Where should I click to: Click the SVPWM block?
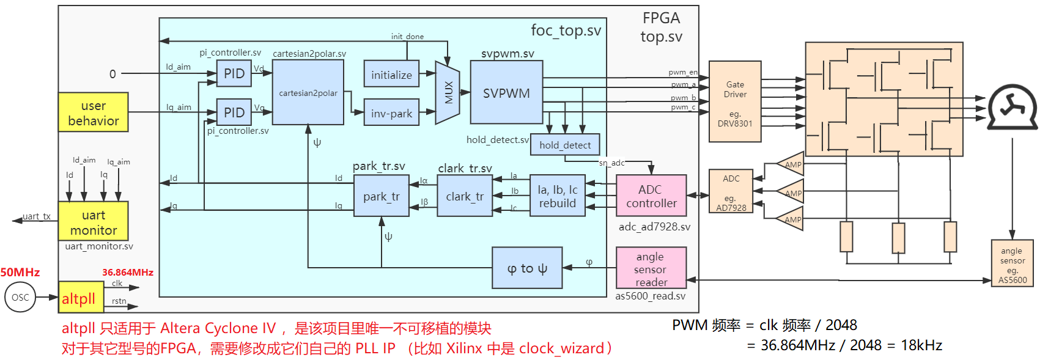click(x=506, y=93)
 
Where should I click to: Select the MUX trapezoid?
click(x=448, y=93)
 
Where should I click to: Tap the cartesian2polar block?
click(x=308, y=93)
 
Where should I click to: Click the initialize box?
click(x=391, y=74)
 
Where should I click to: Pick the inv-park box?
click(x=391, y=112)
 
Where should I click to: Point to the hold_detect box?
click(x=565, y=145)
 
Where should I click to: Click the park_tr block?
click(x=381, y=196)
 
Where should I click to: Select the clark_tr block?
click(x=465, y=196)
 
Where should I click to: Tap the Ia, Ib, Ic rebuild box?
click(x=558, y=196)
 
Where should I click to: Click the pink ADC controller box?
click(x=651, y=196)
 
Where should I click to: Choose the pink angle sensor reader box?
click(x=651, y=268)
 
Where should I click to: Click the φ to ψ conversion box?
click(x=527, y=268)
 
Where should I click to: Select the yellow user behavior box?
click(x=94, y=112)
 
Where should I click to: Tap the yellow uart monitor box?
click(x=94, y=221)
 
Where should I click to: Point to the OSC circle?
click(x=20, y=298)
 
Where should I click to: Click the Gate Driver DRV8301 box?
click(x=735, y=101)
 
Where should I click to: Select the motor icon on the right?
click(x=1013, y=108)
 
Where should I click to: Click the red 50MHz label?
click(x=20, y=272)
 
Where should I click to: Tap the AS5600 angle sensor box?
click(x=1012, y=263)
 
